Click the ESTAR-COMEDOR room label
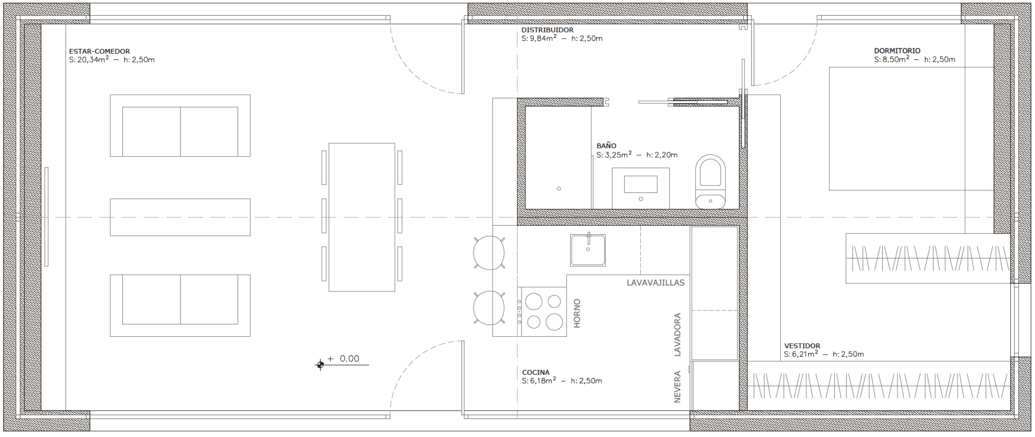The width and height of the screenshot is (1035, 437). pyautogui.click(x=100, y=51)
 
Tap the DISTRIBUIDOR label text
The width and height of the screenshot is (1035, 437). pyautogui.click(x=548, y=30)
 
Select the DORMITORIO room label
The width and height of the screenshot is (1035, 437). pyautogui.click(x=898, y=51)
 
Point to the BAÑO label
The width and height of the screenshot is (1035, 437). pyautogui.click(x=606, y=146)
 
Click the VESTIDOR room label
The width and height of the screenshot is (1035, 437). pyautogui.click(x=803, y=346)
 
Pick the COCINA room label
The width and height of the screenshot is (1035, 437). pyautogui.click(x=536, y=372)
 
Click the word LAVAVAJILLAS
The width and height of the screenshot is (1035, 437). pyautogui.click(x=655, y=283)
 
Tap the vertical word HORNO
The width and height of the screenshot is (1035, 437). pyautogui.click(x=577, y=313)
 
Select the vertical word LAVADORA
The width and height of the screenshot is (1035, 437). pyautogui.click(x=677, y=335)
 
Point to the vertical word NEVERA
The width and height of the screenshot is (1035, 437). pyautogui.click(x=677, y=387)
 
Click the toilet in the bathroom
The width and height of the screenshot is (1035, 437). pyautogui.click(x=711, y=182)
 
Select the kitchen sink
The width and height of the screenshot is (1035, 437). pyautogui.click(x=588, y=250)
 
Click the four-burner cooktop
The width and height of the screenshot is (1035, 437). pyautogui.click(x=541, y=312)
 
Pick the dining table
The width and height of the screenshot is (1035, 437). pyautogui.click(x=362, y=217)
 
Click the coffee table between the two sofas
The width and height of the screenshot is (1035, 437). pyautogui.click(x=180, y=217)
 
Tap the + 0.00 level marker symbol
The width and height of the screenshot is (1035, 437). pyautogui.click(x=320, y=365)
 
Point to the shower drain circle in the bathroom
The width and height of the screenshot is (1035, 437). pyautogui.click(x=558, y=189)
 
